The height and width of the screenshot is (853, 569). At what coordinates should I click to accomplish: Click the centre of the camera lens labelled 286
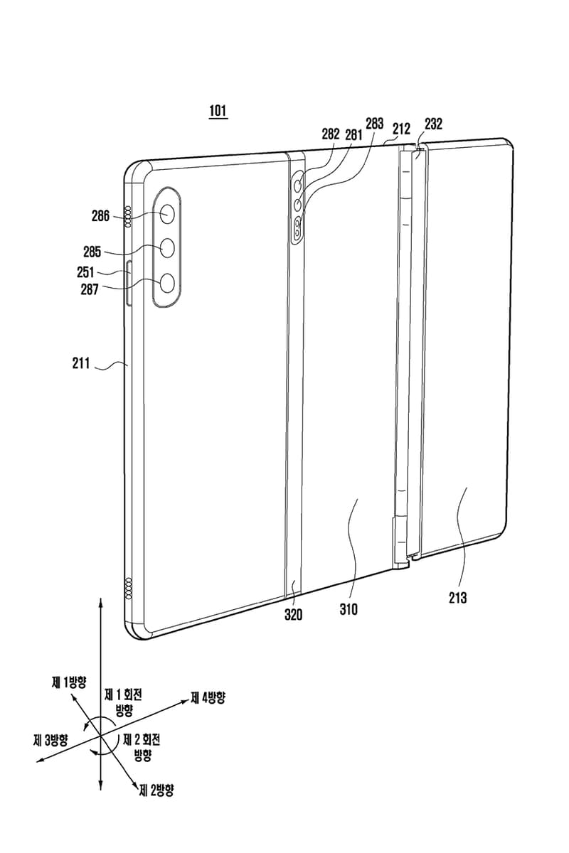click(x=167, y=214)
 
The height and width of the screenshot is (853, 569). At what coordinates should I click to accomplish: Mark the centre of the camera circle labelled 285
click(x=167, y=248)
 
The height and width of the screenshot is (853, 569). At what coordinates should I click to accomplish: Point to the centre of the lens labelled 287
click(x=167, y=284)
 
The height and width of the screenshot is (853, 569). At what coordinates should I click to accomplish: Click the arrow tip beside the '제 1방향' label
click(x=72, y=694)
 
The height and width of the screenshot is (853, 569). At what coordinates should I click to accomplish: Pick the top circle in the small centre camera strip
click(x=298, y=186)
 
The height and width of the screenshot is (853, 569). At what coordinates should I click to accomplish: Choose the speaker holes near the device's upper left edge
click(x=128, y=217)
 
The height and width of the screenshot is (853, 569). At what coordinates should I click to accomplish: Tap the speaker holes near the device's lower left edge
click(x=129, y=587)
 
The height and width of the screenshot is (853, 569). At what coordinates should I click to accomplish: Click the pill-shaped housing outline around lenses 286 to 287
click(x=167, y=247)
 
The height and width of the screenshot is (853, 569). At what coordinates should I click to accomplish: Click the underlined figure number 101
click(x=218, y=111)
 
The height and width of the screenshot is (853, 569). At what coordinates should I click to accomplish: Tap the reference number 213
click(x=457, y=598)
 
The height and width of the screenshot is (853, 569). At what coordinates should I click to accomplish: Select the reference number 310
click(x=349, y=609)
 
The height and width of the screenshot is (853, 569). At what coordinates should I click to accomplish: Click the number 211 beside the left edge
click(x=81, y=363)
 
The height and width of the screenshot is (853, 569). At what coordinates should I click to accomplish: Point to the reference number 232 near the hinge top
click(x=433, y=124)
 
